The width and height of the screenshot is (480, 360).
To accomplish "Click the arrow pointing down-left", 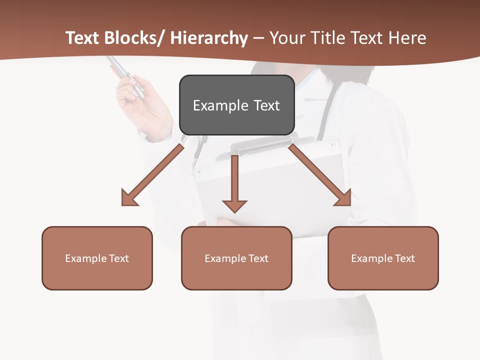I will [x=150, y=175].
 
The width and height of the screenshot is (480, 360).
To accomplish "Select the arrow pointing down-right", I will [x=320, y=175].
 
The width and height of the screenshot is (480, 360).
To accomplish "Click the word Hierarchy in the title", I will [x=209, y=38].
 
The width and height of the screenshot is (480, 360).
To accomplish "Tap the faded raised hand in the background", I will [x=145, y=107].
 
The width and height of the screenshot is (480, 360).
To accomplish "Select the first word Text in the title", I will [x=83, y=38].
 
